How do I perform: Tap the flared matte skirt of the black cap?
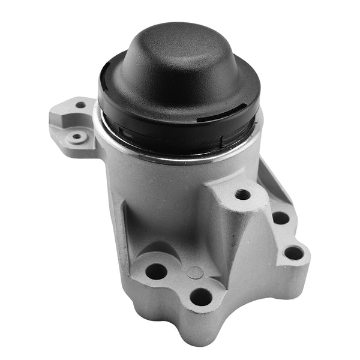(180, 90)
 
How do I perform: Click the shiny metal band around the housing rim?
(180, 157)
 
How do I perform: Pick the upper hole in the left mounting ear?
(80, 105)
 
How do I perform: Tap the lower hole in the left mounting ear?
(76, 137)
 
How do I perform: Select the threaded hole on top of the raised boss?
(242, 194)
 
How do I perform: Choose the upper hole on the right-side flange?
(280, 218)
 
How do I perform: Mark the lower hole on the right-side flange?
(293, 253)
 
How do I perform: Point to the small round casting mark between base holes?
(195, 272)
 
